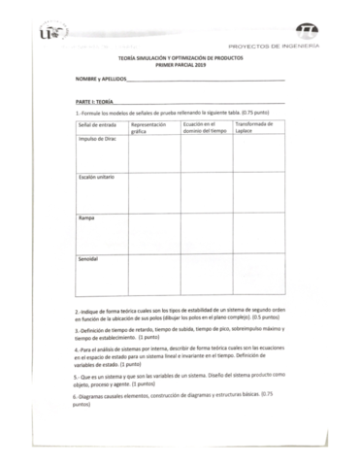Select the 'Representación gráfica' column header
tap(147, 128)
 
